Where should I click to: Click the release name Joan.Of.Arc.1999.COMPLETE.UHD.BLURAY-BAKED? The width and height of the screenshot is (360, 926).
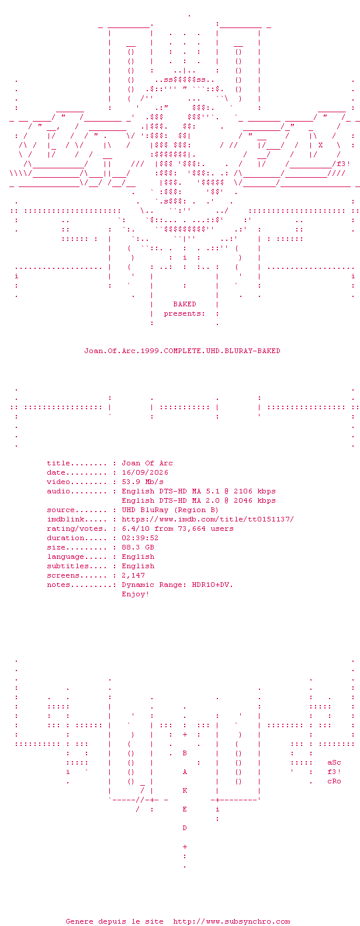(x=182, y=351)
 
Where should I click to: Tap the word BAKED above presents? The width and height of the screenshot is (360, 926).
(x=185, y=304)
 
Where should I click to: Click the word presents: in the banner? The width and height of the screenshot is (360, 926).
(x=185, y=313)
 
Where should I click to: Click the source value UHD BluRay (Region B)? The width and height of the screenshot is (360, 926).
(x=170, y=510)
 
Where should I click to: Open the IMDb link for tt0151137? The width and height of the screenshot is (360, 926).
(x=208, y=519)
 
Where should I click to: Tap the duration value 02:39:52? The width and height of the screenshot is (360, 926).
(x=140, y=538)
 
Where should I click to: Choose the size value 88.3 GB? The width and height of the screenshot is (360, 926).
(x=138, y=547)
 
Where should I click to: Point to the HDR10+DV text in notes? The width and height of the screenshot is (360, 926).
(x=213, y=585)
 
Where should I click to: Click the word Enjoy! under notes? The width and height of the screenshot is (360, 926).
(x=136, y=594)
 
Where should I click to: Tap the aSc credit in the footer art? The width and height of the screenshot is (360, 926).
(x=334, y=762)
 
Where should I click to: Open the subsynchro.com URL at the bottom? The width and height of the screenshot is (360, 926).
(x=231, y=921)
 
